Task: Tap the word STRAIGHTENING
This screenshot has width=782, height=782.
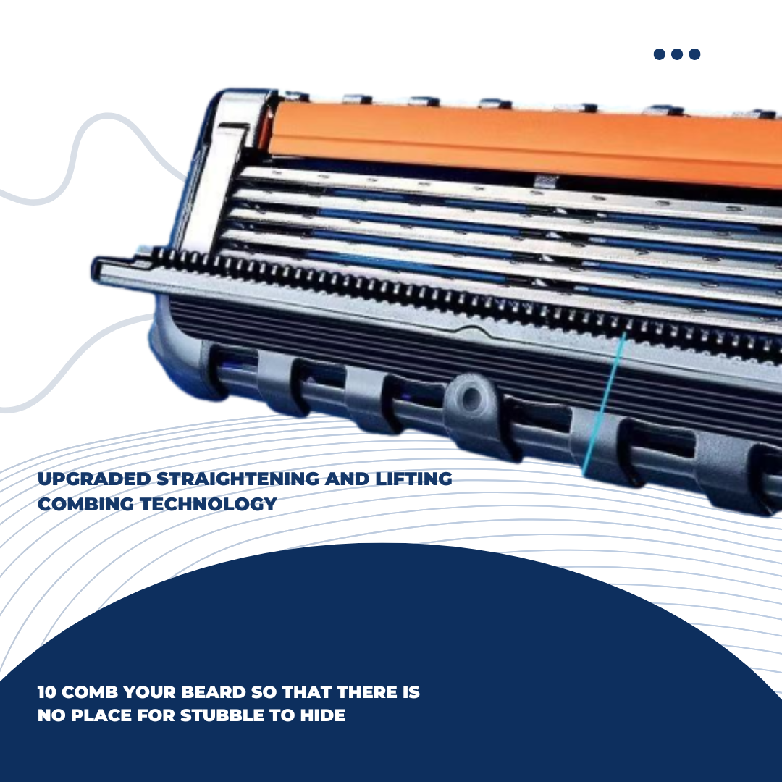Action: tap(238, 479)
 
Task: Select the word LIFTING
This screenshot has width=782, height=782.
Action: tap(413, 479)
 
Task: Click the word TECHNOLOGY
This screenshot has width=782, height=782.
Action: tap(209, 504)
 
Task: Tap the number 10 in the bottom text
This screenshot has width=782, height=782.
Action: tap(47, 692)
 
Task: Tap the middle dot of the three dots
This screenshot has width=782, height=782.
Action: tap(677, 54)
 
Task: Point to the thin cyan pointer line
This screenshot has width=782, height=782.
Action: tap(603, 404)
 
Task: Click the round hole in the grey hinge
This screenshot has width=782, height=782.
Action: tap(471, 398)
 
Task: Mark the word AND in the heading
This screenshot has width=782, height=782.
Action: tap(347, 479)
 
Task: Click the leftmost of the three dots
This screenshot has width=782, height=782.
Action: tap(660, 54)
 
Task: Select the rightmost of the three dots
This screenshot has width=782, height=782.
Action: tap(694, 54)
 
